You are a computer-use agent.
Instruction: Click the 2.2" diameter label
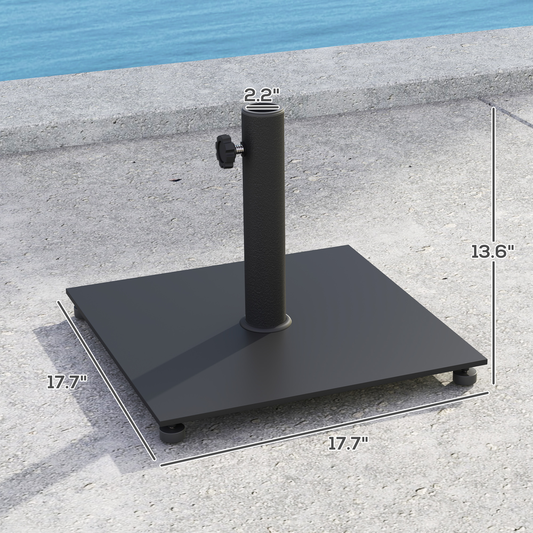coord(261,95)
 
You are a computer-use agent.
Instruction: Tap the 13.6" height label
coord(492,252)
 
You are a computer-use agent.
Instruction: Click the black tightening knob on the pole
coord(225,151)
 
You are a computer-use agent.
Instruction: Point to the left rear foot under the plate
coord(78,313)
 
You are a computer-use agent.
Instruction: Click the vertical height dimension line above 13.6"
coord(493,174)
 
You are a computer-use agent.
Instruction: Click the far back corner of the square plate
coord(348,246)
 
